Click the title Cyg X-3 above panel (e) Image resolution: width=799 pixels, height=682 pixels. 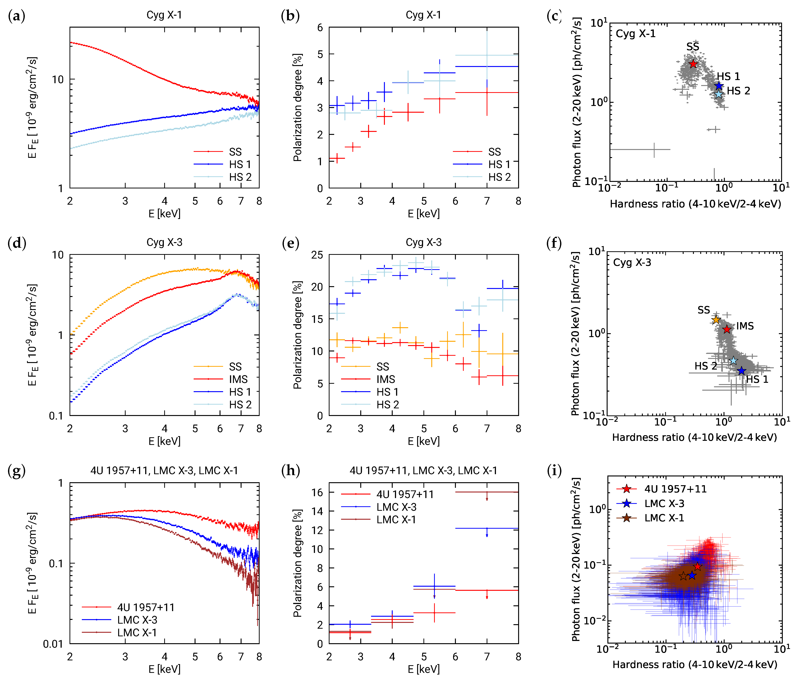(x=423, y=242)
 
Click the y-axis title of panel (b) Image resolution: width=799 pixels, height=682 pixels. (x=297, y=107)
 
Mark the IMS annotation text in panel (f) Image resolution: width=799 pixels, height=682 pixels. (x=745, y=326)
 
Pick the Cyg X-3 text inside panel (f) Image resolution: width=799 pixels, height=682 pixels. (x=632, y=262)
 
